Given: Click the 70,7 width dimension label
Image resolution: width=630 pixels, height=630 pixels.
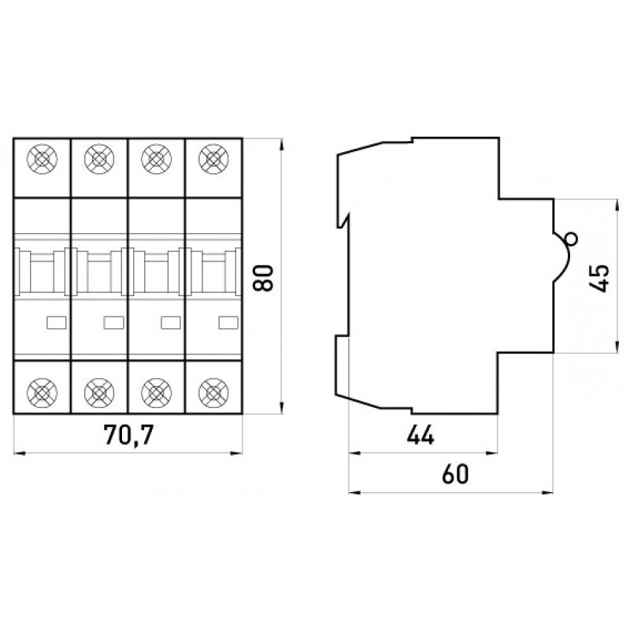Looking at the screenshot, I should (x=128, y=435).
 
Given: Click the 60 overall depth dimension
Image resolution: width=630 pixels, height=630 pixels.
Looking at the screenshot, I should (x=451, y=474).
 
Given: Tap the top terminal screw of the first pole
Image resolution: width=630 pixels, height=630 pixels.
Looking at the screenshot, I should (x=42, y=158).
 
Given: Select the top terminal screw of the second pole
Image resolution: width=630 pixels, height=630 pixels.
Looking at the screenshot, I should (x=98, y=158).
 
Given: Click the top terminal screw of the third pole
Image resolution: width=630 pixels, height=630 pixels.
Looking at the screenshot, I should (x=156, y=158).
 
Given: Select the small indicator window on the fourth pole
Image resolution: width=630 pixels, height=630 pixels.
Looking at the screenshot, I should (x=228, y=321).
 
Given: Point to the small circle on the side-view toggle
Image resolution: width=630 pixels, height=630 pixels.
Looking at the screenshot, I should (x=571, y=239).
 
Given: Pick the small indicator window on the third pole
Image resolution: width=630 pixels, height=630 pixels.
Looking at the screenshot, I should (x=171, y=321).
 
